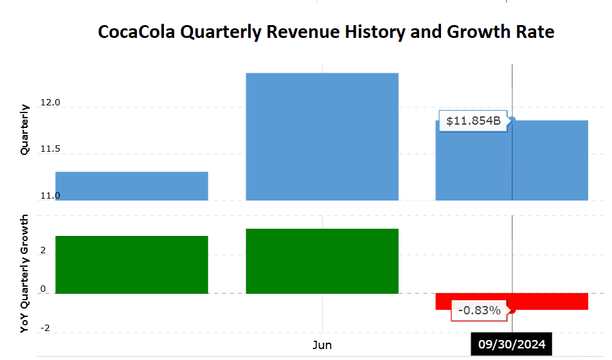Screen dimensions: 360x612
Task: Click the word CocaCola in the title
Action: click(136, 32)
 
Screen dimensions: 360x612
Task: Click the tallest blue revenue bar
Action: click(322, 136)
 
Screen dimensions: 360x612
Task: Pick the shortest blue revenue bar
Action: click(132, 186)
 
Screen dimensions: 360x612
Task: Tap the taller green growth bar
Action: click(322, 261)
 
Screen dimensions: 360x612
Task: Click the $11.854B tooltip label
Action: click(473, 120)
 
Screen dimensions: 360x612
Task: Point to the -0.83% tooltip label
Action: click(479, 310)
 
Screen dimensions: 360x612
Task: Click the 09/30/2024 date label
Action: click(511, 345)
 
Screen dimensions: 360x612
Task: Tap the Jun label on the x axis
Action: click(322, 345)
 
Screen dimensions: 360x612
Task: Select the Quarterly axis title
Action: click(25, 129)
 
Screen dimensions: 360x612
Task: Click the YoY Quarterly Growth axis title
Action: click(25, 274)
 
